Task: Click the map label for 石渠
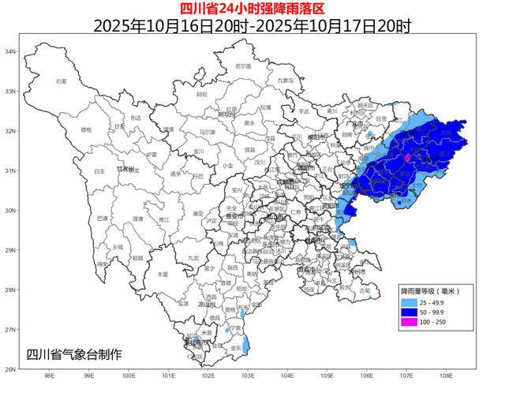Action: click(x=61, y=81)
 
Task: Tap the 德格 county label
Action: click(x=86, y=129)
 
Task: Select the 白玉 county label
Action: click(x=99, y=170)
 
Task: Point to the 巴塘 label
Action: click(x=102, y=218)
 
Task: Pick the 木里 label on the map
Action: click(x=163, y=274)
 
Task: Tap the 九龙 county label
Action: click(x=193, y=258)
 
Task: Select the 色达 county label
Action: click(x=136, y=118)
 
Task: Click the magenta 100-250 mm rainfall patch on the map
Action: click(x=407, y=159)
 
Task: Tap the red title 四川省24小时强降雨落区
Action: click(x=252, y=9)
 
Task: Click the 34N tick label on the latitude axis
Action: click(x=11, y=51)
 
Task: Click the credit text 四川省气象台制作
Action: click(x=74, y=354)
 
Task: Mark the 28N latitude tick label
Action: click(x=11, y=290)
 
